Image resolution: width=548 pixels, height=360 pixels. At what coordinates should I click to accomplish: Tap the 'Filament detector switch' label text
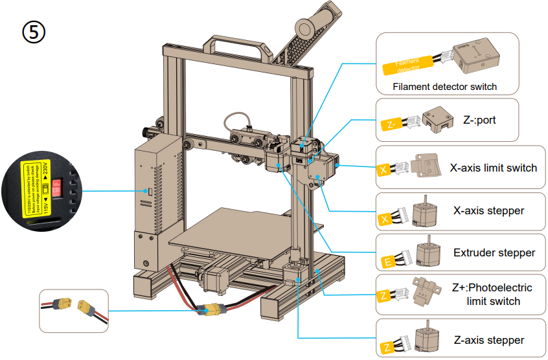(445, 87)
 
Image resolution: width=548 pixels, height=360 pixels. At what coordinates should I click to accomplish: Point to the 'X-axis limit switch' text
(493, 168)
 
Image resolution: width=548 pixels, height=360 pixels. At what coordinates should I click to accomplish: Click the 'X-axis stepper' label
(489, 210)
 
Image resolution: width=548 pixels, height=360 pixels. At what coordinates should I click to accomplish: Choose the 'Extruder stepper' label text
(494, 253)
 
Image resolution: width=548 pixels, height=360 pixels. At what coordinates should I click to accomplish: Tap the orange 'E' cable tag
(387, 262)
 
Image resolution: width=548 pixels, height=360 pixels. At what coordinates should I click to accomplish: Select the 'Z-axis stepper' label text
(488, 340)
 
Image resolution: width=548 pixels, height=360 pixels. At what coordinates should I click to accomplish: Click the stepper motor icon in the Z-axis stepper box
(427, 338)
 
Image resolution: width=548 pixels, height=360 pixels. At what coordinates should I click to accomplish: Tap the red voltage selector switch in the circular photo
(56, 189)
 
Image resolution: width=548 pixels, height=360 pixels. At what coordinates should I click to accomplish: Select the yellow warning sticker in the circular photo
(36, 188)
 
